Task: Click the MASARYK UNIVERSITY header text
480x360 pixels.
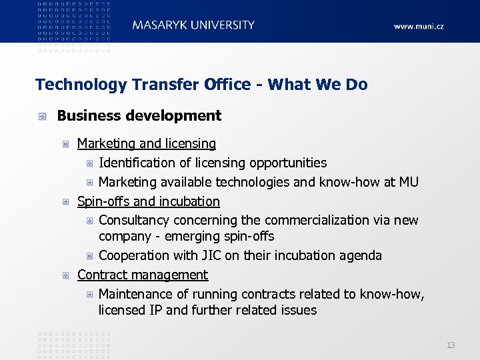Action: point(193,25)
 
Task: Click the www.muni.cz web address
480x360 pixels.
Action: point(418,26)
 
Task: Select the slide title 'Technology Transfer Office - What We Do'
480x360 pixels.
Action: point(201,85)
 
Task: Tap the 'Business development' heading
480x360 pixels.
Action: point(139,115)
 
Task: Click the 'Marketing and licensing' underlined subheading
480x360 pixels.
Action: point(147,143)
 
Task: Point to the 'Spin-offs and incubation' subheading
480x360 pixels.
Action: point(149,201)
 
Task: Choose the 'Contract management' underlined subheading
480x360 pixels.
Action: point(143,275)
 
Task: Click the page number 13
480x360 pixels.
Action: point(451,345)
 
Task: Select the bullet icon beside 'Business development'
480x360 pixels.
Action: point(43,116)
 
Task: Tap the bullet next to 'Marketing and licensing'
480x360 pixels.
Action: point(67,144)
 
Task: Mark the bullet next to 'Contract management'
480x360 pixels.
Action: point(67,275)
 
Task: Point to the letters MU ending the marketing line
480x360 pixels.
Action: point(409,182)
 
